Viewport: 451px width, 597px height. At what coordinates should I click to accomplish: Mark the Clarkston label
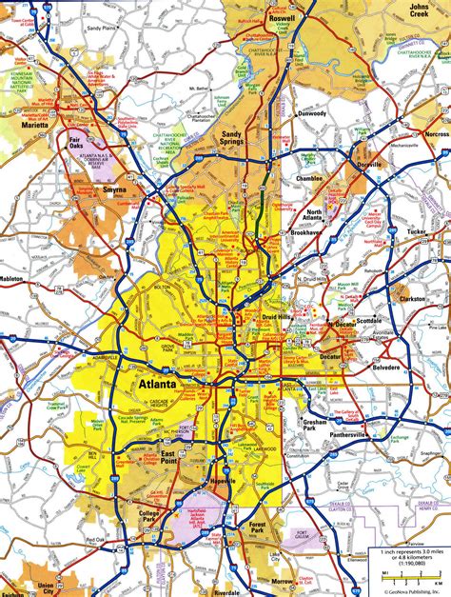(412, 298)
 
